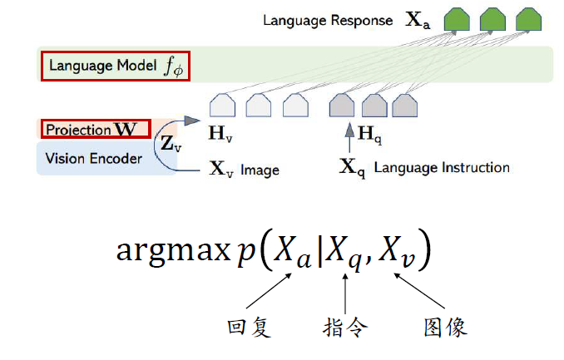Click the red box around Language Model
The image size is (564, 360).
(116, 66)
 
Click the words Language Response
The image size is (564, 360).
(328, 20)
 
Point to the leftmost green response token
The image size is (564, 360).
(454, 20)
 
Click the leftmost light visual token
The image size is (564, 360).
(221, 106)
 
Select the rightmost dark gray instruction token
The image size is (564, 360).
(405, 106)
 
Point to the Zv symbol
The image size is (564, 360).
(171, 143)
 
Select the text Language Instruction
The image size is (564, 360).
(441, 168)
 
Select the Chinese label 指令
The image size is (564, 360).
(344, 326)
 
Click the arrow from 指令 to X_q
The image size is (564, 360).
(345, 292)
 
